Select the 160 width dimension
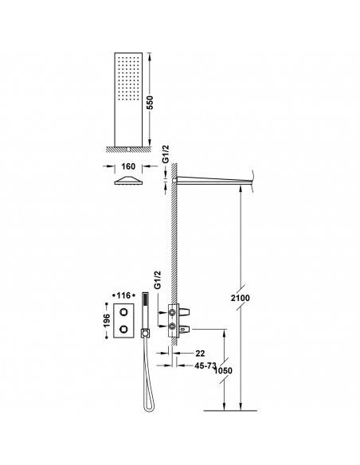click(x=127, y=169)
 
